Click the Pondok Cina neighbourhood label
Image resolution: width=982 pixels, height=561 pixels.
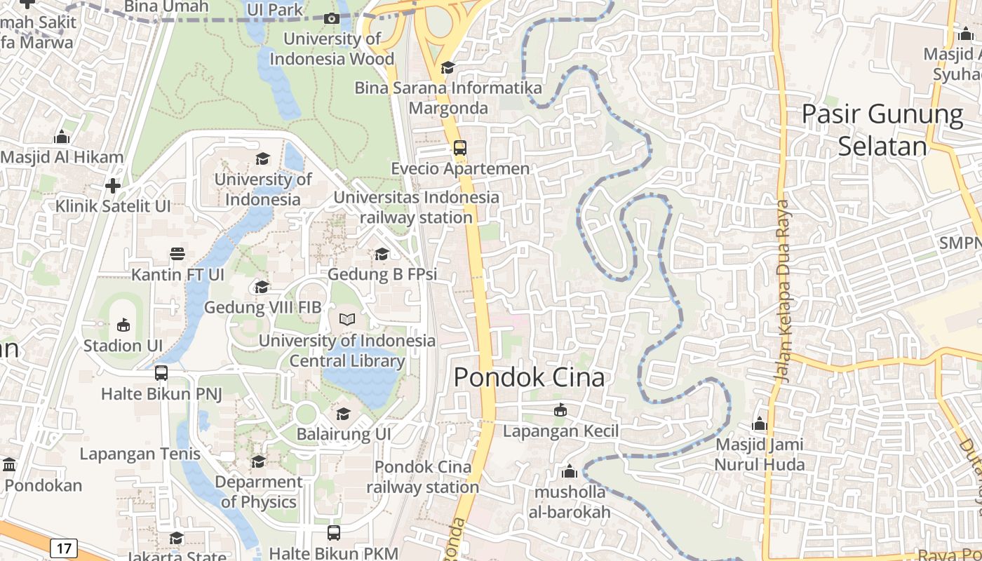point(529,377)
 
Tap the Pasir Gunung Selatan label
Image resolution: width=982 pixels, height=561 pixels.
point(882,130)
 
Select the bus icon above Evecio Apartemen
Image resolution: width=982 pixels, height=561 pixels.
point(459,148)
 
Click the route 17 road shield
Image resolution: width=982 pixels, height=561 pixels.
point(63,548)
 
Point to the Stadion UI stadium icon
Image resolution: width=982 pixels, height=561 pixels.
point(123,325)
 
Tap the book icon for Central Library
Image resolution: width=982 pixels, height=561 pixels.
point(347,320)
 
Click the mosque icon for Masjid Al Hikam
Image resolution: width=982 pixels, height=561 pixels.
point(62,137)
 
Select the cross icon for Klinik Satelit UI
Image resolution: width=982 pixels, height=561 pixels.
point(113,186)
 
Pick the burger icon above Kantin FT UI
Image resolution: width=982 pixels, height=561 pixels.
point(177,253)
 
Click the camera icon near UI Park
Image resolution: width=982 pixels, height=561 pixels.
point(332,19)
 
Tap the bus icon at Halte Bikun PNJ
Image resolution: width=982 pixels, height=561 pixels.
point(161,373)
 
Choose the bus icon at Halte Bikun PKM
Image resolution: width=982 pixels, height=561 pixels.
point(334,533)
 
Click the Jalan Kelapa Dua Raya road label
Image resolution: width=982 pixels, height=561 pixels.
point(783,291)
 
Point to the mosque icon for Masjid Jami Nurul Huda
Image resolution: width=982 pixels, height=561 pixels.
point(760,424)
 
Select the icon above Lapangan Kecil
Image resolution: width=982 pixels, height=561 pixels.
point(560,410)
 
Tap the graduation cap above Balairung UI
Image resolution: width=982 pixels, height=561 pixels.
point(343,414)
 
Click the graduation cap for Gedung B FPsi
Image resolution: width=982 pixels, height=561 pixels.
point(382,254)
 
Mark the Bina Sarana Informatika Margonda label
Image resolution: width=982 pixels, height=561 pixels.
point(448,98)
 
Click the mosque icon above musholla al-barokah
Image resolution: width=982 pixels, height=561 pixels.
point(570,471)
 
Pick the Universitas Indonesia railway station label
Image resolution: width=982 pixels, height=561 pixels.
point(417,208)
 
